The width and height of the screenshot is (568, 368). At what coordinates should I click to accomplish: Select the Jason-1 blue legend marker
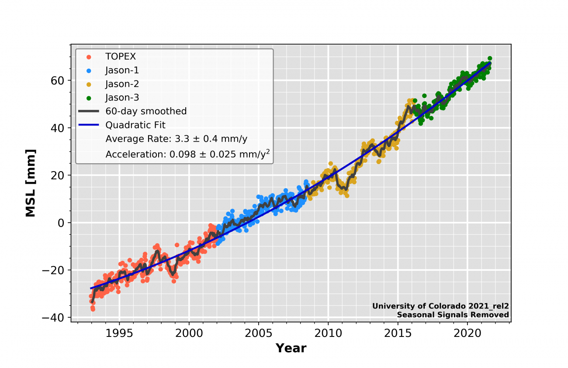pyautogui.click(x=89, y=70)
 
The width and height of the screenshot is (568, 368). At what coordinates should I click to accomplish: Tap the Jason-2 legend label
pyautogui.click(x=122, y=84)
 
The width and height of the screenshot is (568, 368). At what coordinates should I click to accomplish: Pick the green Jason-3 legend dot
pyautogui.click(x=89, y=98)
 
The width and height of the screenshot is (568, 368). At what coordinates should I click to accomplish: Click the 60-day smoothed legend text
pyautogui.click(x=146, y=112)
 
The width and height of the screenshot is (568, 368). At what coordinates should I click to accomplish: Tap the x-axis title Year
pyautogui.click(x=291, y=348)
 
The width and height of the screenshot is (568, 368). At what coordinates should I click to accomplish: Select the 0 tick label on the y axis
pyautogui.click(x=62, y=223)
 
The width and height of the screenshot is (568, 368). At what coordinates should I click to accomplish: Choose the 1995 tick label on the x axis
pyautogui.click(x=119, y=333)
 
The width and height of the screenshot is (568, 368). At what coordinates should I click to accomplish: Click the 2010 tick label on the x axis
pyautogui.click(x=328, y=333)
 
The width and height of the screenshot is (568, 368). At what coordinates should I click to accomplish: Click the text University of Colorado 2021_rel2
pyautogui.click(x=440, y=306)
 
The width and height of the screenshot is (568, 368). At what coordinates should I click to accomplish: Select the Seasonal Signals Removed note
pyautogui.click(x=453, y=315)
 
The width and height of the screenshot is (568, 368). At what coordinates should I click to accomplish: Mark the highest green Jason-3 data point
pyautogui.click(x=490, y=58)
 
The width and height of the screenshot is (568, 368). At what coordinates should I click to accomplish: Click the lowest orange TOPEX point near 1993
pyautogui.click(x=93, y=309)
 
